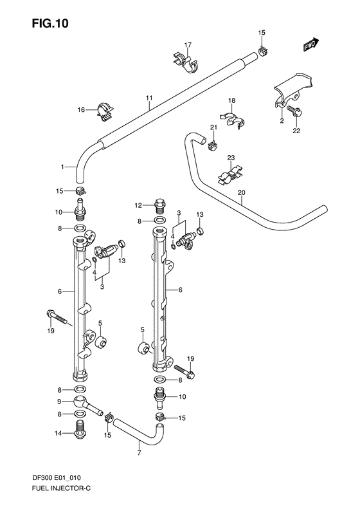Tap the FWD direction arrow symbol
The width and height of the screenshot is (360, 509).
click(x=312, y=44)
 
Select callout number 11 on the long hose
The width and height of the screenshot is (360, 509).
click(x=148, y=98)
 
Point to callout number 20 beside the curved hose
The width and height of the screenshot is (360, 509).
click(x=242, y=192)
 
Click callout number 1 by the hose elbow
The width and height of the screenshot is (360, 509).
click(x=63, y=167)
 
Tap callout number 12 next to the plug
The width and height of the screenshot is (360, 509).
click(x=137, y=206)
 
